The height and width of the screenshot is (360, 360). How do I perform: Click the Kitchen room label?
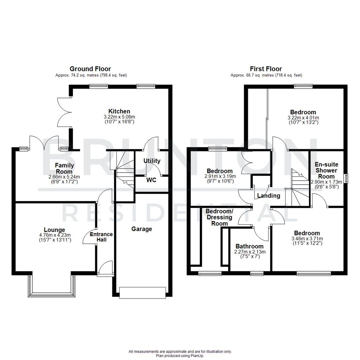(x=119, y=111)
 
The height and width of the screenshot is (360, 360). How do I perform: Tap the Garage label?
(x=142, y=229)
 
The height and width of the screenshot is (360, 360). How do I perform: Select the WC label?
(x=151, y=180)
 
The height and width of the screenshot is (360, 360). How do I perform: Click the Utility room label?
(x=152, y=161)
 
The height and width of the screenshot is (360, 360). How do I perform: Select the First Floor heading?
(x=266, y=69)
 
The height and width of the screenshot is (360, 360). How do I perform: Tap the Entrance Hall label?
(x=101, y=237)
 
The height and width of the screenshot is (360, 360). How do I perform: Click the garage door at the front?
(x=142, y=292)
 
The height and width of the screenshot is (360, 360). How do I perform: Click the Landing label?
(x=269, y=196)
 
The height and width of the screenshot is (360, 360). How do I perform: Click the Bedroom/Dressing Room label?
(x=219, y=217)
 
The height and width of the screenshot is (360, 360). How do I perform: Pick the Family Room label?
(x=64, y=168)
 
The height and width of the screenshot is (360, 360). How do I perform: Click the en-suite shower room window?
(x=346, y=178)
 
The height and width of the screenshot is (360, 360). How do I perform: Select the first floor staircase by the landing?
(x=299, y=188)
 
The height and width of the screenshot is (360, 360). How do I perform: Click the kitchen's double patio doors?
(x=64, y=112)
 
